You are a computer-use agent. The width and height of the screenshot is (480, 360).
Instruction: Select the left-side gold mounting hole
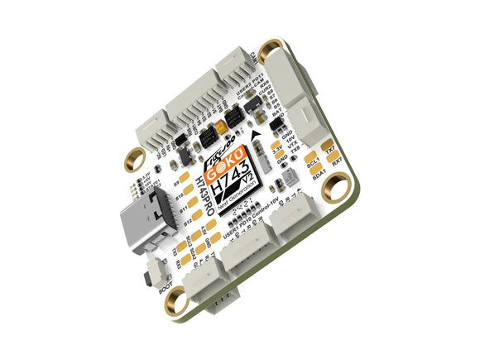pyautogui.click(x=132, y=156)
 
